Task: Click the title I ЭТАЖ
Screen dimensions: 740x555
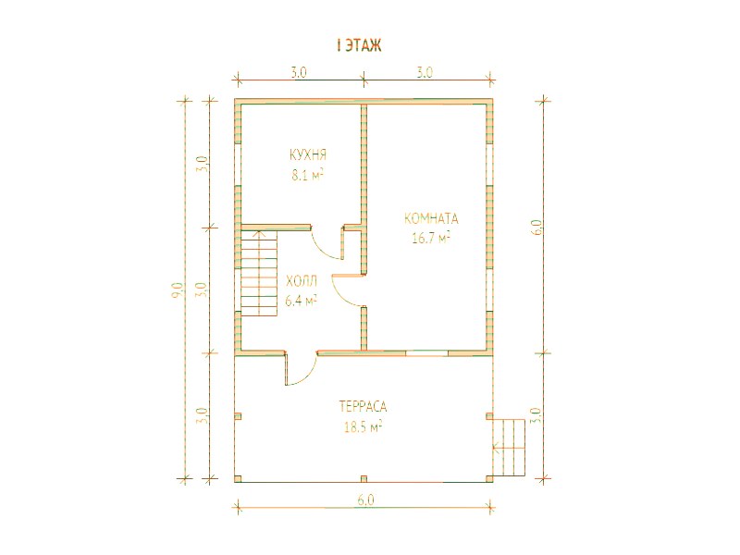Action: [359, 45]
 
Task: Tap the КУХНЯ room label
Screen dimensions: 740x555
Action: [308, 154]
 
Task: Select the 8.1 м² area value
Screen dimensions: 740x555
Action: [308, 176]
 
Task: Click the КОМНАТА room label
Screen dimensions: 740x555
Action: [431, 218]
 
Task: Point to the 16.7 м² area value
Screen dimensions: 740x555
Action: [431, 238]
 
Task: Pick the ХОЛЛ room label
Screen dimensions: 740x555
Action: [302, 282]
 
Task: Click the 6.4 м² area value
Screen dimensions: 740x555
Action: [301, 300]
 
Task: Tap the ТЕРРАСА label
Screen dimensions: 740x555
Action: [363, 406]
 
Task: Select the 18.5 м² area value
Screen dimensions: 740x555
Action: [363, 427]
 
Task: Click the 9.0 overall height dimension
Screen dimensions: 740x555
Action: [178, 289]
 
